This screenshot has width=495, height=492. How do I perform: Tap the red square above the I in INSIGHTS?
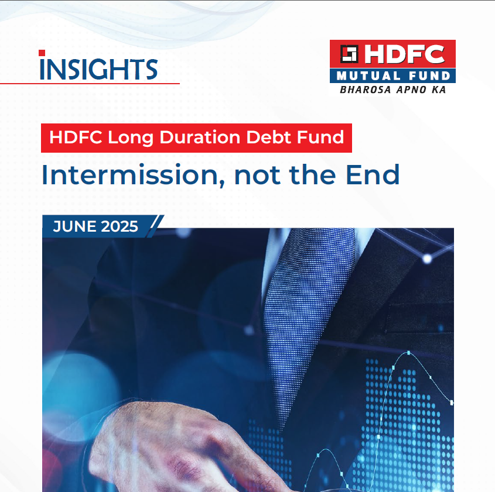point(42,54)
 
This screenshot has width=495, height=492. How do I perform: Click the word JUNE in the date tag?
point(72,227)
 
